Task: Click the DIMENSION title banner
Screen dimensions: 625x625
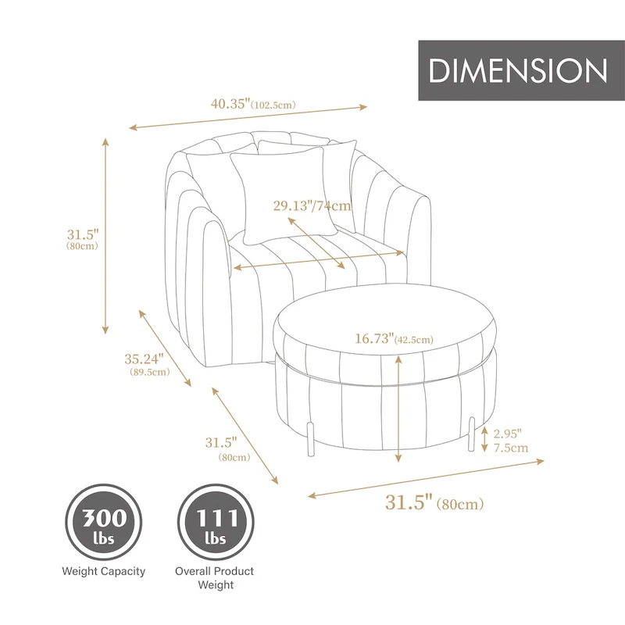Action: point(518,70)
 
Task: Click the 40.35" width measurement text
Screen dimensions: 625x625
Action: point(230,102)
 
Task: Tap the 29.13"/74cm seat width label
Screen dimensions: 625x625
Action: point(312,207)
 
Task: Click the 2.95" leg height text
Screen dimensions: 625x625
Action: point(507,433)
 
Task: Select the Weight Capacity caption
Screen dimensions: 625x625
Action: point(103,571)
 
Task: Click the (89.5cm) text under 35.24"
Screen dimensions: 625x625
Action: point(148,373)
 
